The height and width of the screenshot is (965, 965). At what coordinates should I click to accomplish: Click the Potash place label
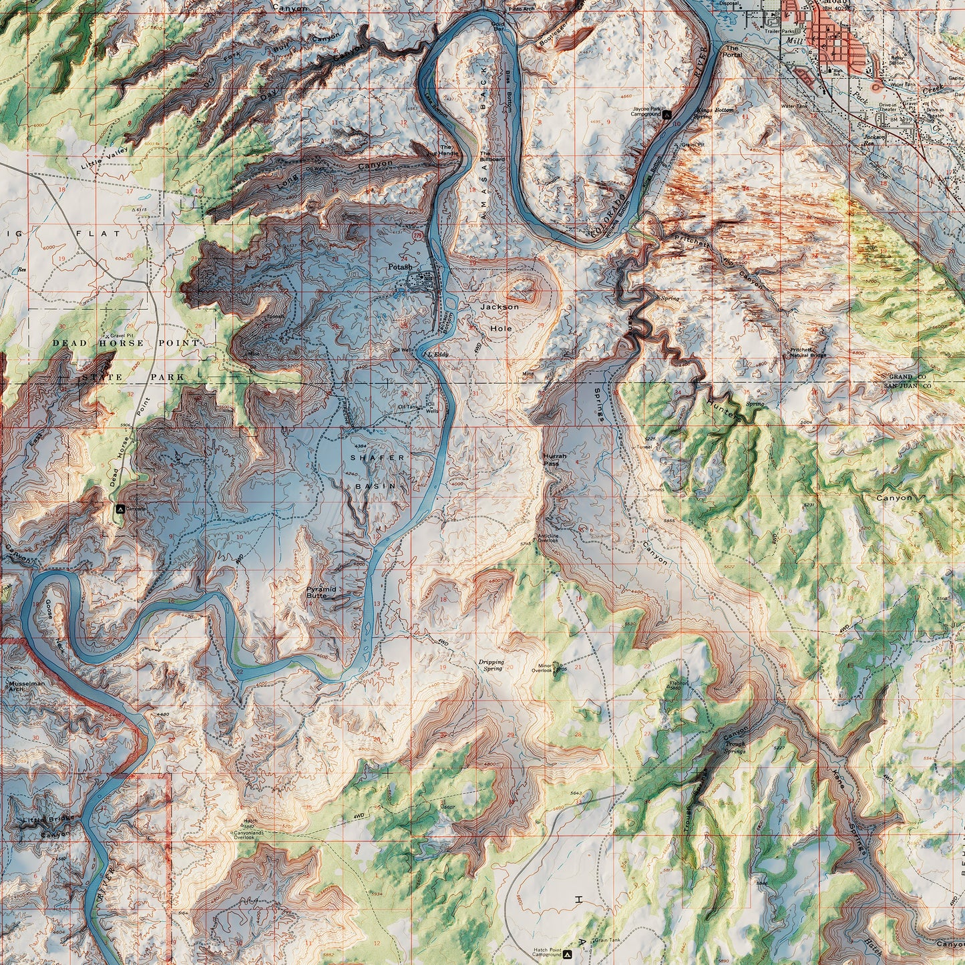(400, 266)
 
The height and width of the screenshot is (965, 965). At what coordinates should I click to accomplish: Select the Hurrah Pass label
(554, 459)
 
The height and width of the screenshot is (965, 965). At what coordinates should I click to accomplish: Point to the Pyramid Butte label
(321, 592)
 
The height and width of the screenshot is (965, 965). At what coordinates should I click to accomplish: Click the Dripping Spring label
(491, 665)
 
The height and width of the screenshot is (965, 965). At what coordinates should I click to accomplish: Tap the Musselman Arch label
(27, 686)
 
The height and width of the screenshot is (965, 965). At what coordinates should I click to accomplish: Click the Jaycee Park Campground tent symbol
(666, 114)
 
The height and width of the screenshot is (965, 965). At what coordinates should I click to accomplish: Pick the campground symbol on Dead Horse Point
(120, 508)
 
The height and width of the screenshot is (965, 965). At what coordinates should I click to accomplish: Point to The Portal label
(733, 51)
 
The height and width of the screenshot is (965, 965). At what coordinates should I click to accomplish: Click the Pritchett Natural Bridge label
(808, 352)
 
